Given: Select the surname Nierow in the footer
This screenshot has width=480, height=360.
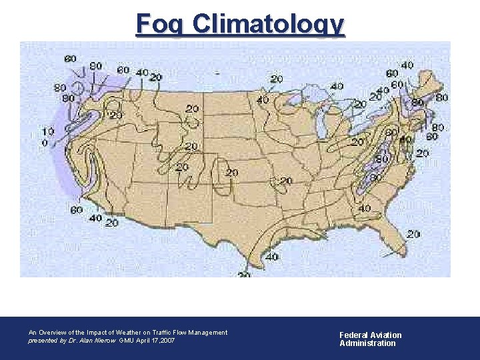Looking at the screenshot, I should (104, 340).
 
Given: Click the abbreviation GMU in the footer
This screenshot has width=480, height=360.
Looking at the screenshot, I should (127, 340).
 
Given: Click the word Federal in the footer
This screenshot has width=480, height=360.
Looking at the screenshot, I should (353, 335).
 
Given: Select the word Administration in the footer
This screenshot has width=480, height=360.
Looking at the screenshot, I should (367, 343).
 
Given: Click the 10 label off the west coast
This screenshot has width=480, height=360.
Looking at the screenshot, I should (47, 131).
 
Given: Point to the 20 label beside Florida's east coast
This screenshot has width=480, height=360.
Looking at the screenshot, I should (413, 234).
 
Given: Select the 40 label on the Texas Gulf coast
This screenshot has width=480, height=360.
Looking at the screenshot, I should (271, 256).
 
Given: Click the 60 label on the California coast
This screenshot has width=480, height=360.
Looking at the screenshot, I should (76, 210).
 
